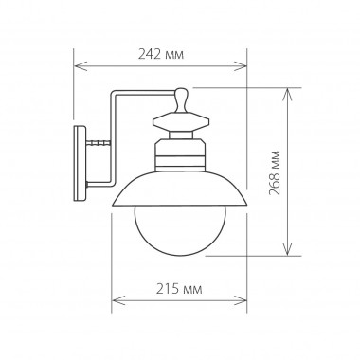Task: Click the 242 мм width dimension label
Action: point(161,56)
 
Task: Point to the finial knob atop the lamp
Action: point(181,97)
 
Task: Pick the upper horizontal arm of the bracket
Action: point(142,93)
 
